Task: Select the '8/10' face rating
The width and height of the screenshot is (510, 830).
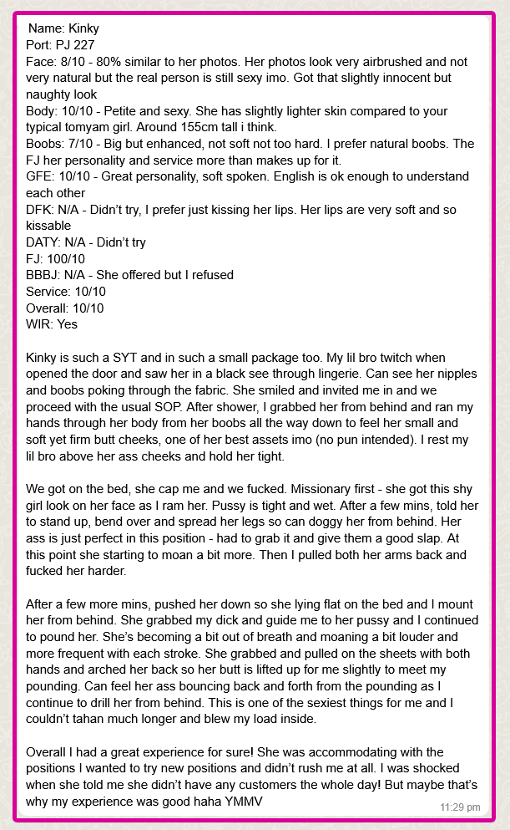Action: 77,62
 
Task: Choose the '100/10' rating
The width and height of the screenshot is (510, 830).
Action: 68,259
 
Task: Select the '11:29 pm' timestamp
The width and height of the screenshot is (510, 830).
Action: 460,807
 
